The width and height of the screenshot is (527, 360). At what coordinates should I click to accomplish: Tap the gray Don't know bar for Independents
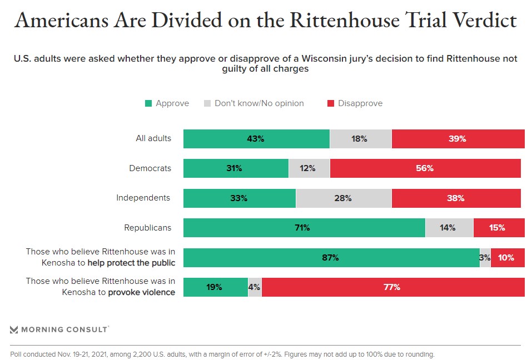(x=344, y=198)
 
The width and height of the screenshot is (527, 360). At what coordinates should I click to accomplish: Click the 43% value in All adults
(x=256, y=139)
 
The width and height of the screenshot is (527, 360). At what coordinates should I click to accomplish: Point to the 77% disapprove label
(x=392, y=287)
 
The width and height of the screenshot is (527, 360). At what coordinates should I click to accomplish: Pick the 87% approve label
(x=330, y=258)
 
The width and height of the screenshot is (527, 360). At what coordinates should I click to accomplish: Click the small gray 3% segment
(x=485, y=258)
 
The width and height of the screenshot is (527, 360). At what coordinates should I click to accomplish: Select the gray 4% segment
(x=255, y=287)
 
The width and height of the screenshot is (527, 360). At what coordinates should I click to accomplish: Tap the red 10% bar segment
(x=508, y=258)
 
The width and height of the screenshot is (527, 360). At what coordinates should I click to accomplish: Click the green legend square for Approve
(x=148, y=103)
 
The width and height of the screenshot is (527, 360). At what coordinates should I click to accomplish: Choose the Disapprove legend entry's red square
(x=330, y=103)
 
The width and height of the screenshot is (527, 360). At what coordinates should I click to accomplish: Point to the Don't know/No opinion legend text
(x=259, y=103)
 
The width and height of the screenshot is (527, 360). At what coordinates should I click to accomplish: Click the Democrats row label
(x=150, y=168)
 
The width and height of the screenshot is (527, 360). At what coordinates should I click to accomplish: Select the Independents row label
(x=143, y=198)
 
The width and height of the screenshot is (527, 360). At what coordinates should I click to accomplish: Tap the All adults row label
(x=153, y=138)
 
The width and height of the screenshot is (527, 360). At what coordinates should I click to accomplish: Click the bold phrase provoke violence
(x=141, y=292)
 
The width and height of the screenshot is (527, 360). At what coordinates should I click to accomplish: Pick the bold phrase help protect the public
(x=131, y=263)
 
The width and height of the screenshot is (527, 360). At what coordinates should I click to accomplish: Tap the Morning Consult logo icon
(x=14, y=330)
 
